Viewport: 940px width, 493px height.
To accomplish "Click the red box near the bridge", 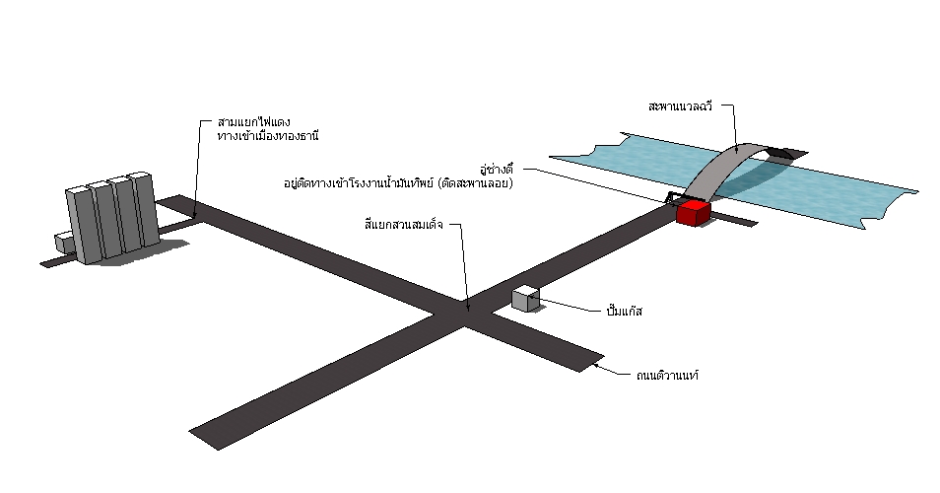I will coord(693,212).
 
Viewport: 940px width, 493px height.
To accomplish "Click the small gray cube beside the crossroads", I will coord(525,299).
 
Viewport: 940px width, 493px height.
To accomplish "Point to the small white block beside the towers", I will coord(65,243).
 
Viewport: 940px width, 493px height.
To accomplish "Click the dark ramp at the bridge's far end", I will coord(785,153).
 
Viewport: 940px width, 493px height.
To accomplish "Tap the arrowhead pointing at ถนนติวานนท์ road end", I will coord(597,369).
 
